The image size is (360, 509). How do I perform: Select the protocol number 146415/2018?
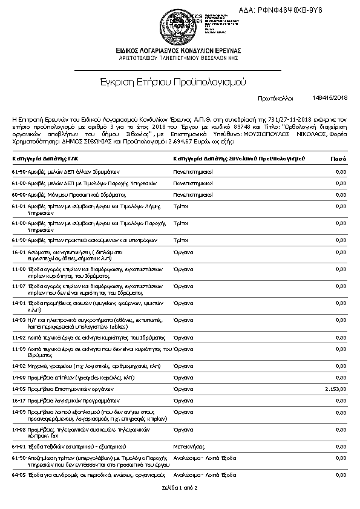330,97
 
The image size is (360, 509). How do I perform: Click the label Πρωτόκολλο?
276,97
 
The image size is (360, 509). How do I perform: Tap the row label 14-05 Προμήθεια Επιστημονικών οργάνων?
63,389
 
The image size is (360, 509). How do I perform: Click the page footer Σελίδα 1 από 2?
180,487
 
